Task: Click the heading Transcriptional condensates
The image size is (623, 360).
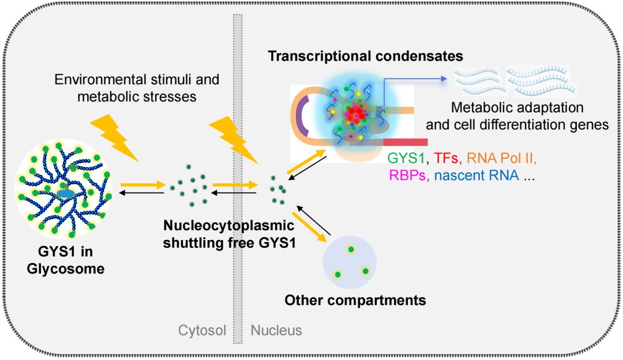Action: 365,57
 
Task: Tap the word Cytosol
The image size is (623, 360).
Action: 202,331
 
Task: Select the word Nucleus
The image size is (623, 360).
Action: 276,331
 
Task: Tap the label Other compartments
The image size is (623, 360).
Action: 355,301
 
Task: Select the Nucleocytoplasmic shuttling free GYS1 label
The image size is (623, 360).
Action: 229,234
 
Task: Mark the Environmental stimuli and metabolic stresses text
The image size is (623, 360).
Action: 137,87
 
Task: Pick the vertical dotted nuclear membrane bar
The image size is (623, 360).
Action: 237,173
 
